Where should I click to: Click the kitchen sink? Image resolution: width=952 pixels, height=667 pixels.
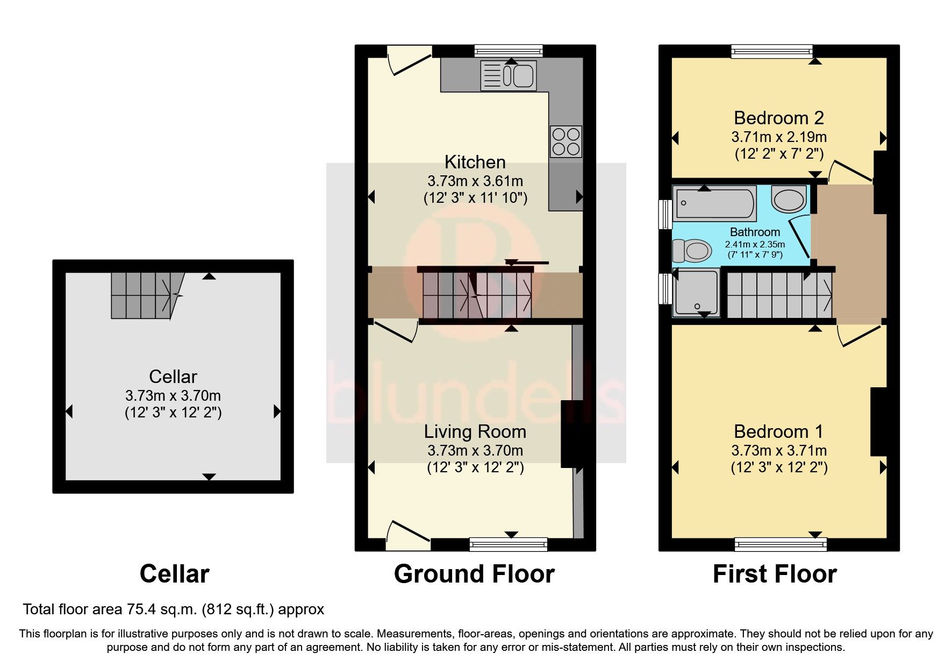pos(508,75)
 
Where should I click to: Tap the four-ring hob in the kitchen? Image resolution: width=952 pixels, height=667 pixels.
pos(566,141)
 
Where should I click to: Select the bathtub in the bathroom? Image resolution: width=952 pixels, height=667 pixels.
pos(714,204)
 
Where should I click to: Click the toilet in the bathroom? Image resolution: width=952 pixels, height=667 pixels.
pos(691,251)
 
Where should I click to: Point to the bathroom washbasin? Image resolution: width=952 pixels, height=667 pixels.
pos(789,199)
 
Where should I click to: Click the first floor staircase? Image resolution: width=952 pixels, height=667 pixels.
pos(778,295)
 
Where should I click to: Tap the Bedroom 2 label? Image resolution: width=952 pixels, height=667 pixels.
pos(778,117)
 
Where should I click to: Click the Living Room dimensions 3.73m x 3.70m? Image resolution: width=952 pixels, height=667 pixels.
pos(475,450)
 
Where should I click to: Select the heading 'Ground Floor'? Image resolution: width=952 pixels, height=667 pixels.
pos(474,574)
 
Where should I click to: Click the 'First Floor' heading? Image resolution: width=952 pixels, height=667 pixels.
pos(774,574)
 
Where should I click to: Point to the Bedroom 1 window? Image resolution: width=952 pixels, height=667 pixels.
pos(780,545)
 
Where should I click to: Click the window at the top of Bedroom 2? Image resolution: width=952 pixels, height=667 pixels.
pos(771,51)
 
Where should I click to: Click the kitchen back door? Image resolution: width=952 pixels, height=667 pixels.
pos(409,60)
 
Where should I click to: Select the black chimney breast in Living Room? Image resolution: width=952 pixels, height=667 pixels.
pos(571,434)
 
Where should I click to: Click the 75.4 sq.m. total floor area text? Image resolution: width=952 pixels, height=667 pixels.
pos(173,609)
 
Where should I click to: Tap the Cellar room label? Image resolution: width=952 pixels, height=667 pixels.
pos(173,376)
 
